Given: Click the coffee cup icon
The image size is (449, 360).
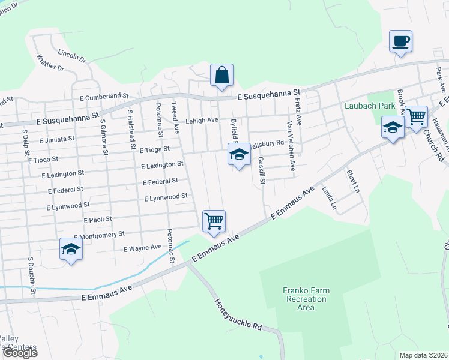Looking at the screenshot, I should point(400,41).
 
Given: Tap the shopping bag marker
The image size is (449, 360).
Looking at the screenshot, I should point(221,76).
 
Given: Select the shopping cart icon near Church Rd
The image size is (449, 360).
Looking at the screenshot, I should point(415,115).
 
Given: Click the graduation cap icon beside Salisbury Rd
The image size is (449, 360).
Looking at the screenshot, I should point(239,155).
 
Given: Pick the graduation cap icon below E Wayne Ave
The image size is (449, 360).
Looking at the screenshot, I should point(71,250).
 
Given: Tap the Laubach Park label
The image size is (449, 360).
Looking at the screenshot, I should point(370,106).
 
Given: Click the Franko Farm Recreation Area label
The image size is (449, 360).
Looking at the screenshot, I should point(306,299).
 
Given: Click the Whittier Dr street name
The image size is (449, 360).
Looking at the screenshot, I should point(50,63).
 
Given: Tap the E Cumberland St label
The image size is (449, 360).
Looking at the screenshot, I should point(104,96).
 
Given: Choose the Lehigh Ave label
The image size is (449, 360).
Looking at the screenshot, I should point(201,120).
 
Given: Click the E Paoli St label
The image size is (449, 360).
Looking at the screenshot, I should point(98,220).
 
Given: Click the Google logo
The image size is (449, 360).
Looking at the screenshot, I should point(20,353).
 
